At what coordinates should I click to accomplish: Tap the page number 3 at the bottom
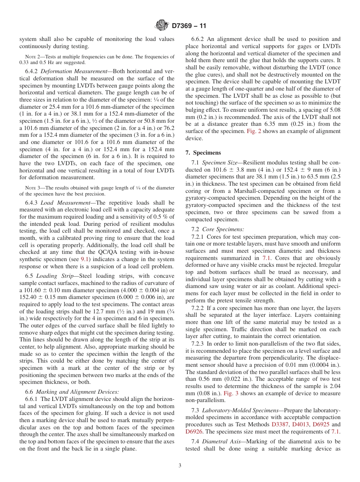[x=180, y=466]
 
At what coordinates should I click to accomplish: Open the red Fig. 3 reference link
[x=230, y=393]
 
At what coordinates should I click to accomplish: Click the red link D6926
[x=194, y=432]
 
